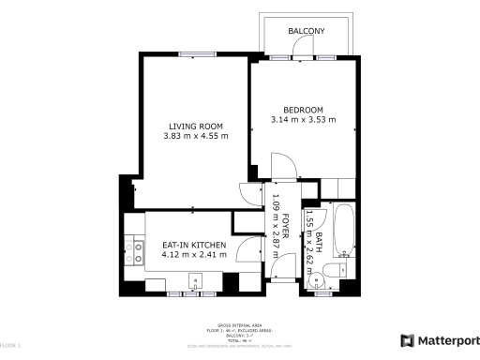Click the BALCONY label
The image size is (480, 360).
click(307, 31)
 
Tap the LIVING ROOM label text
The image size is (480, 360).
click(195, 127)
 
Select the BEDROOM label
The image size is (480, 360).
click(303, 108)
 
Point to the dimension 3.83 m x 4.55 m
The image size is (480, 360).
click(195, 138)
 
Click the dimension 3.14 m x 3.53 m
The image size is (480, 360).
click(303, 119)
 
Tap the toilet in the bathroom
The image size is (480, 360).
click(328, 274)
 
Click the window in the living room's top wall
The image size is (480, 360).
click(194, 54)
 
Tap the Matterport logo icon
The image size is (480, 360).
click(406, 340)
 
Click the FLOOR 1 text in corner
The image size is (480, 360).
click(9, 347)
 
